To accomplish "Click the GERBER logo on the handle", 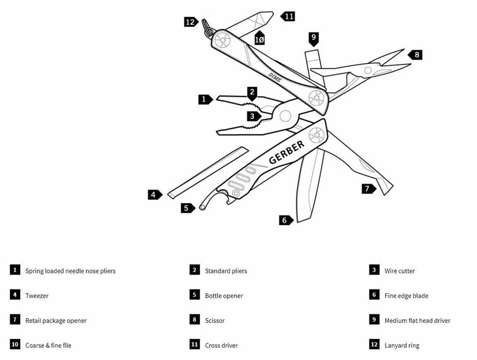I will [x=287, y=152].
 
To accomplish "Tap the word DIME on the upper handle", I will [x=275, y=77].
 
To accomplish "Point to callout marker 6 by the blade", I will [x=285, y=220].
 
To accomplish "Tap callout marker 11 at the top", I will [x=288, y=16].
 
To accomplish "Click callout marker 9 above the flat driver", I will [x=314, y=38].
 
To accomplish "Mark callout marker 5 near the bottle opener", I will [x=187, y=208].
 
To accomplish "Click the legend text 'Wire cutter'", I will [x=400, y=271].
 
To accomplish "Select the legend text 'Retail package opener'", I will [x=56, y=321].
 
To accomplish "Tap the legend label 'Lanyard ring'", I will [x=402, y=346].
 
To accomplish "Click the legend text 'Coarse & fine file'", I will [x=48, y=346].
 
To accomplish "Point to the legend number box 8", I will [x=195, y=320].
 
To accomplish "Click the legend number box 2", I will [x=195, y=270].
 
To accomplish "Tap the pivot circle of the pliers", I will [x=285, y=116].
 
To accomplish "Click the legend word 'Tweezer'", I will [x=37, y=296].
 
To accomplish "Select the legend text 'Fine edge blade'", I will [x=406, y=296].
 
